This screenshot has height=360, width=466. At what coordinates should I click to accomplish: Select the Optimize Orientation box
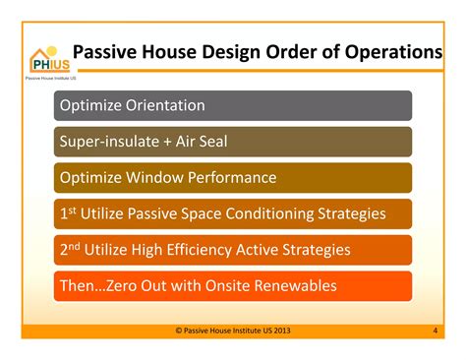pos(233,105)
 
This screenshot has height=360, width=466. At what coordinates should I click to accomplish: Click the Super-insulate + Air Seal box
pos(233,141)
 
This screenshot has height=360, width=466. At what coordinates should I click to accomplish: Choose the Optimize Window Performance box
pos(233,177)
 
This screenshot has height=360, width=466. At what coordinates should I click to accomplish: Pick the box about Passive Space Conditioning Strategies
pos(233,213)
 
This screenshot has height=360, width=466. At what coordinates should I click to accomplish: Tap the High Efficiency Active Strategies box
pos(233,250)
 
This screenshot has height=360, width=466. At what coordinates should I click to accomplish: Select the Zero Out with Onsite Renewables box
pos(233,286)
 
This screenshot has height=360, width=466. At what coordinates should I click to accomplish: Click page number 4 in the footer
pos(435,330)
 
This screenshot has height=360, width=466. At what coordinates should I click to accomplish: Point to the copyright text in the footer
pos(232,330)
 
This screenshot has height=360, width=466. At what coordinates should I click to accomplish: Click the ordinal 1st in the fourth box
pos(68,212)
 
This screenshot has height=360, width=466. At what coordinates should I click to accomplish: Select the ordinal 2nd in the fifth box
pos(70,249)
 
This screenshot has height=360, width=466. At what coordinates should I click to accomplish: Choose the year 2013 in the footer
pos(280,330)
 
